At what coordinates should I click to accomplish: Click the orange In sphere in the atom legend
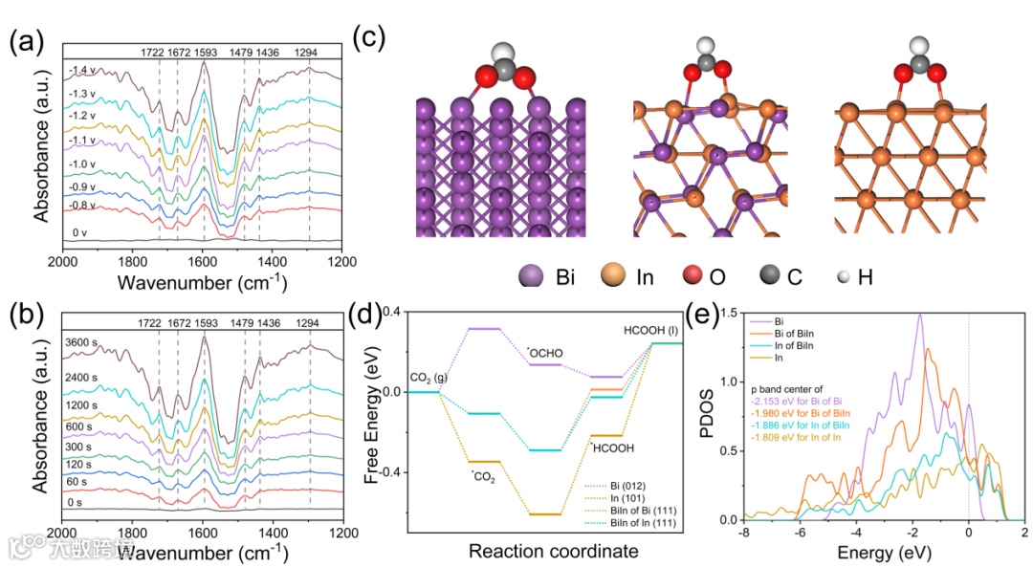[x=614, y=276]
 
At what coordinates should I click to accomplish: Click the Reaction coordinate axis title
[x=553, y=551]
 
